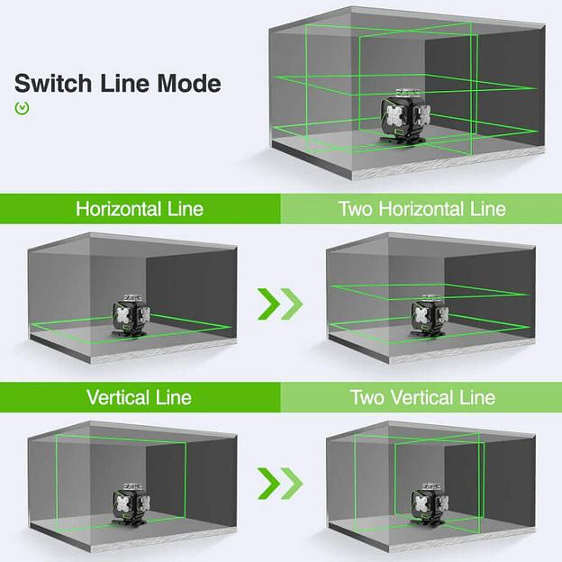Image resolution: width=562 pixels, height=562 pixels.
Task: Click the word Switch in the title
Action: [49, 84]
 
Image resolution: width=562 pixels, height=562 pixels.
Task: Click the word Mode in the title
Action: [183, 84]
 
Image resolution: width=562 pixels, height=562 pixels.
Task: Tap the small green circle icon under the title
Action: [23, 108]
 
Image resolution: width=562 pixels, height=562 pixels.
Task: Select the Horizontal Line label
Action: [140, 209]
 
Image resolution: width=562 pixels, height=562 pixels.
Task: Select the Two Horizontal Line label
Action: [421, 209]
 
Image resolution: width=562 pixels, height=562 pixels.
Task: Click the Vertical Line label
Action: [140, 396]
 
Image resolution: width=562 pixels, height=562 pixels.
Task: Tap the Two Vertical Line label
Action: [421, 396]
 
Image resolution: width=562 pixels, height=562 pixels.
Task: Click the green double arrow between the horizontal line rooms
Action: [280, 304]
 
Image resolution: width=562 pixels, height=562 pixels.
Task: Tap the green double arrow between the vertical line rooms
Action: [280, 483]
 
